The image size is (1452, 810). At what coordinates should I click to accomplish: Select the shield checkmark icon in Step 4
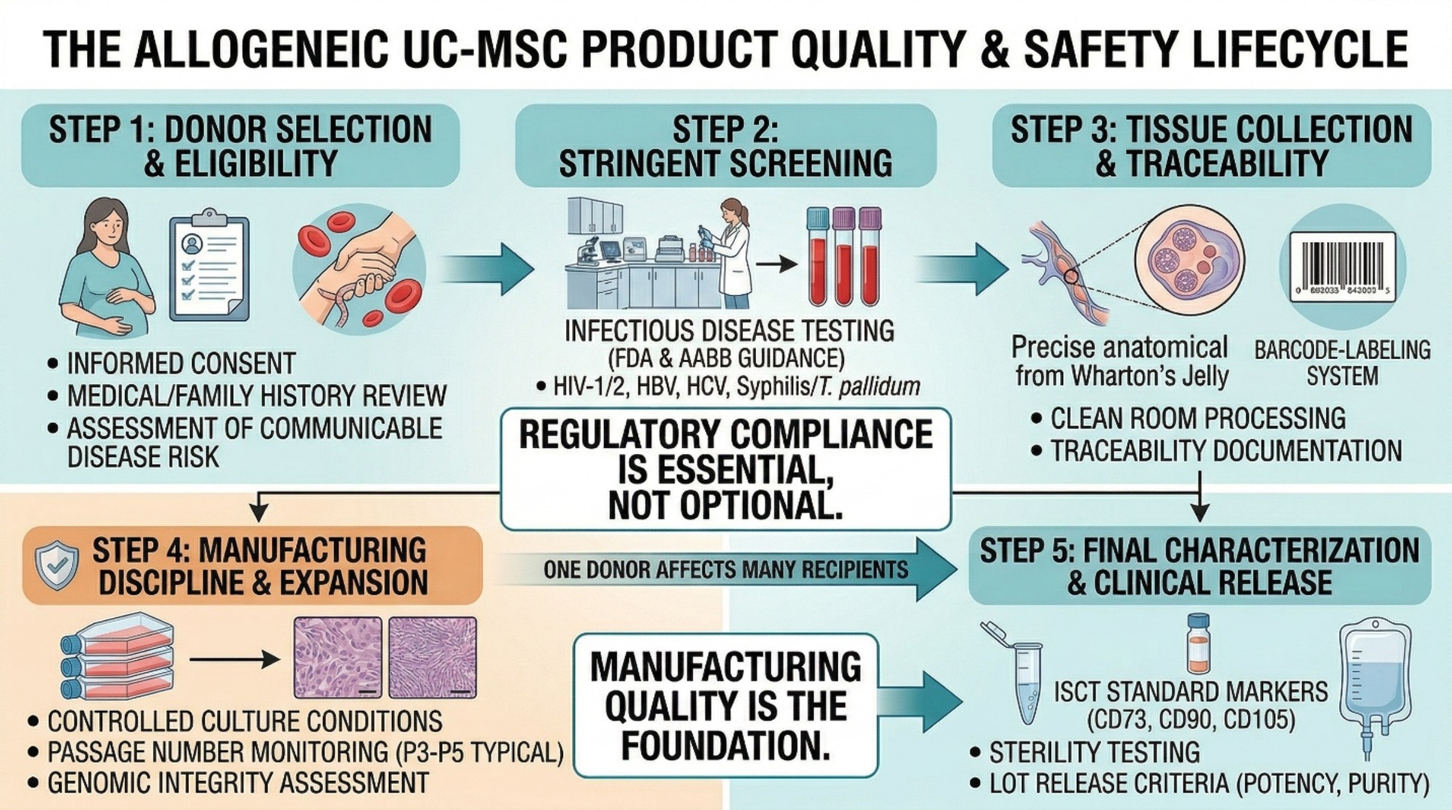pos(56,565)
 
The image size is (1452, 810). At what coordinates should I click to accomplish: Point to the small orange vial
pos(1198,644)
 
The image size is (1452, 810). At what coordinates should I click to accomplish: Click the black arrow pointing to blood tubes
pos(777,263)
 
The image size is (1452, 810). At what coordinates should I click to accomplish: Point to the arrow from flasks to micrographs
pos(235,659)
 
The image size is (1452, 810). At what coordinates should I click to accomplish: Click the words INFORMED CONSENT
pos(181,363)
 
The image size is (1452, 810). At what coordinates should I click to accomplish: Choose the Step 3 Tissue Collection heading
pos(1212,146)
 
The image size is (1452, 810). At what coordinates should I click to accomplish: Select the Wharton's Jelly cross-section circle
pos(1190,259)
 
